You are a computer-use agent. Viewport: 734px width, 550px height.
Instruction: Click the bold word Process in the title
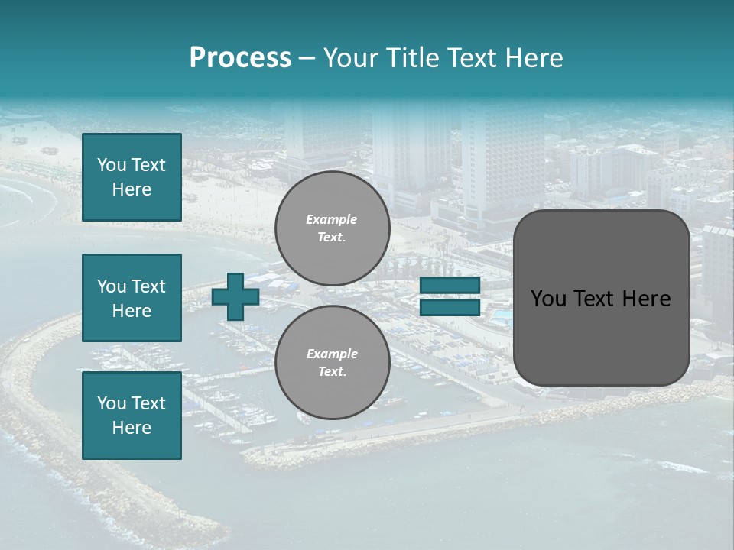(240, 58)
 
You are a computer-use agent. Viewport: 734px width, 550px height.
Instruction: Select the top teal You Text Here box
(132, 177)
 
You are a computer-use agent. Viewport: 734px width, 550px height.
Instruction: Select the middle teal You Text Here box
(132, 298)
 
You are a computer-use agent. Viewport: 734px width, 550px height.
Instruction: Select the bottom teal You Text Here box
(132, 415)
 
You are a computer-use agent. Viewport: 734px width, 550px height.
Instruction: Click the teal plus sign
(235, 296)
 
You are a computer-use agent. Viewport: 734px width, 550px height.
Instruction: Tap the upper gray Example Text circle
(332, 228)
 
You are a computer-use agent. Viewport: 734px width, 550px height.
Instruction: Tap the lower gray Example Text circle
(332, 363)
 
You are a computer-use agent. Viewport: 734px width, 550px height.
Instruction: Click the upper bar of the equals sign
(450, 285)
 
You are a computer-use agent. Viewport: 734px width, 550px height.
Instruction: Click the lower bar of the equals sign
(450, 308)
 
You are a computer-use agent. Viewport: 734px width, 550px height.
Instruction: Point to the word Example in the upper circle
(332, 219)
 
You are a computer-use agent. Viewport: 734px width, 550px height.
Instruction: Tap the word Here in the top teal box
(132, 189)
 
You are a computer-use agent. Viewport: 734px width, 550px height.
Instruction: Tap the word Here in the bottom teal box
(132, 428)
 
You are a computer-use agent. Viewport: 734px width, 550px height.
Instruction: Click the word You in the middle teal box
(112, 286)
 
